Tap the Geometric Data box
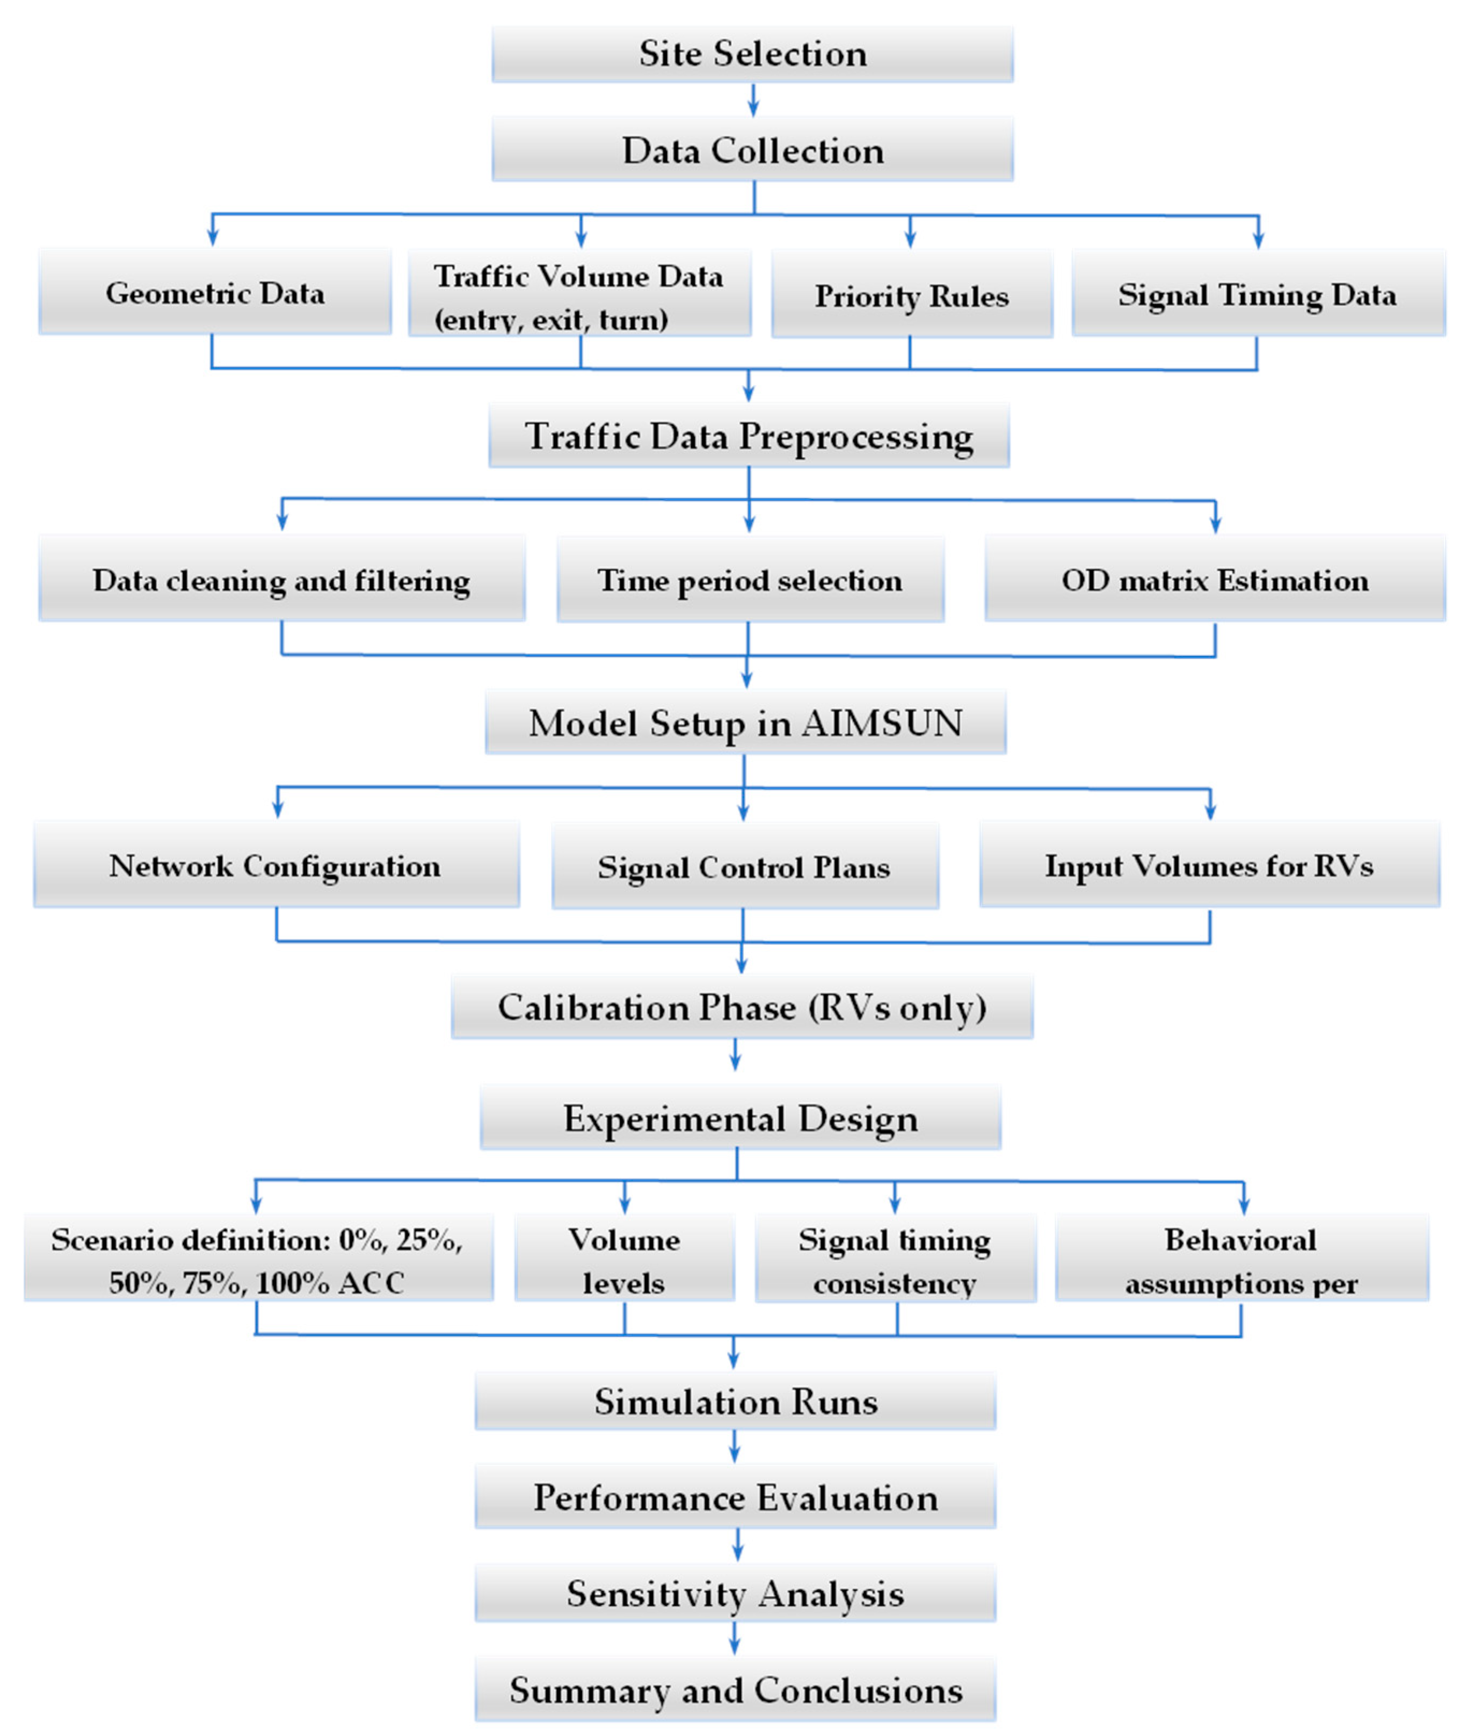[x=215, y=293]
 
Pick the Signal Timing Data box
[x=1257, y=294]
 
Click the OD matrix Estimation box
[x=1214, y=580]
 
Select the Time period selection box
[x=750, y=580]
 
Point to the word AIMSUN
[x=882, y=723]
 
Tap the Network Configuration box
[x=275, y=865]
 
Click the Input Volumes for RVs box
[x=1209, y=865]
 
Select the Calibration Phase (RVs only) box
[x=742, y=1008]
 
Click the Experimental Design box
[x=741, y=1118]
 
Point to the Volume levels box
[x=625, y=1261]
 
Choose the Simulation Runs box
[x=735, y=1401]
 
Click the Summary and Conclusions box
[x=735, y=1689]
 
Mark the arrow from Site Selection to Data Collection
[x=753, y=100]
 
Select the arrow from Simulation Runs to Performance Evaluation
[x=735, y=1447]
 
